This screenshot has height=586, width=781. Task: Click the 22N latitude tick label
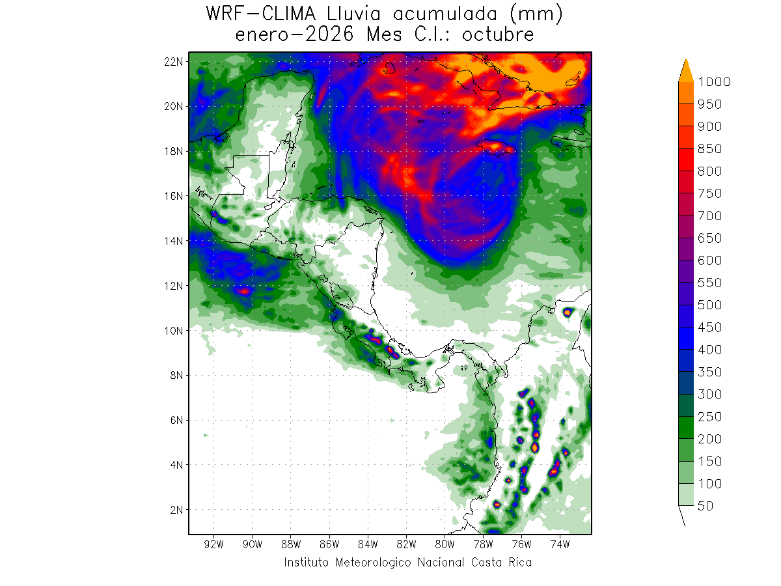coord(174,61)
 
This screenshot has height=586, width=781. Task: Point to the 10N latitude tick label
coord(174,330)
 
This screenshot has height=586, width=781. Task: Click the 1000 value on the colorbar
coord(714,81)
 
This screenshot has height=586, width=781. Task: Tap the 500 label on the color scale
coord(709,305)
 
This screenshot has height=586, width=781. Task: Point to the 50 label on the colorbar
coord(705,506)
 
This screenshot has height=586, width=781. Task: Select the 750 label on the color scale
coord(709,193)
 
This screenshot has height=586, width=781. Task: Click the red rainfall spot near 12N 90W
coord(244,291)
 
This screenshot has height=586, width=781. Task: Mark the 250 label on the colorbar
coord(709,417)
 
